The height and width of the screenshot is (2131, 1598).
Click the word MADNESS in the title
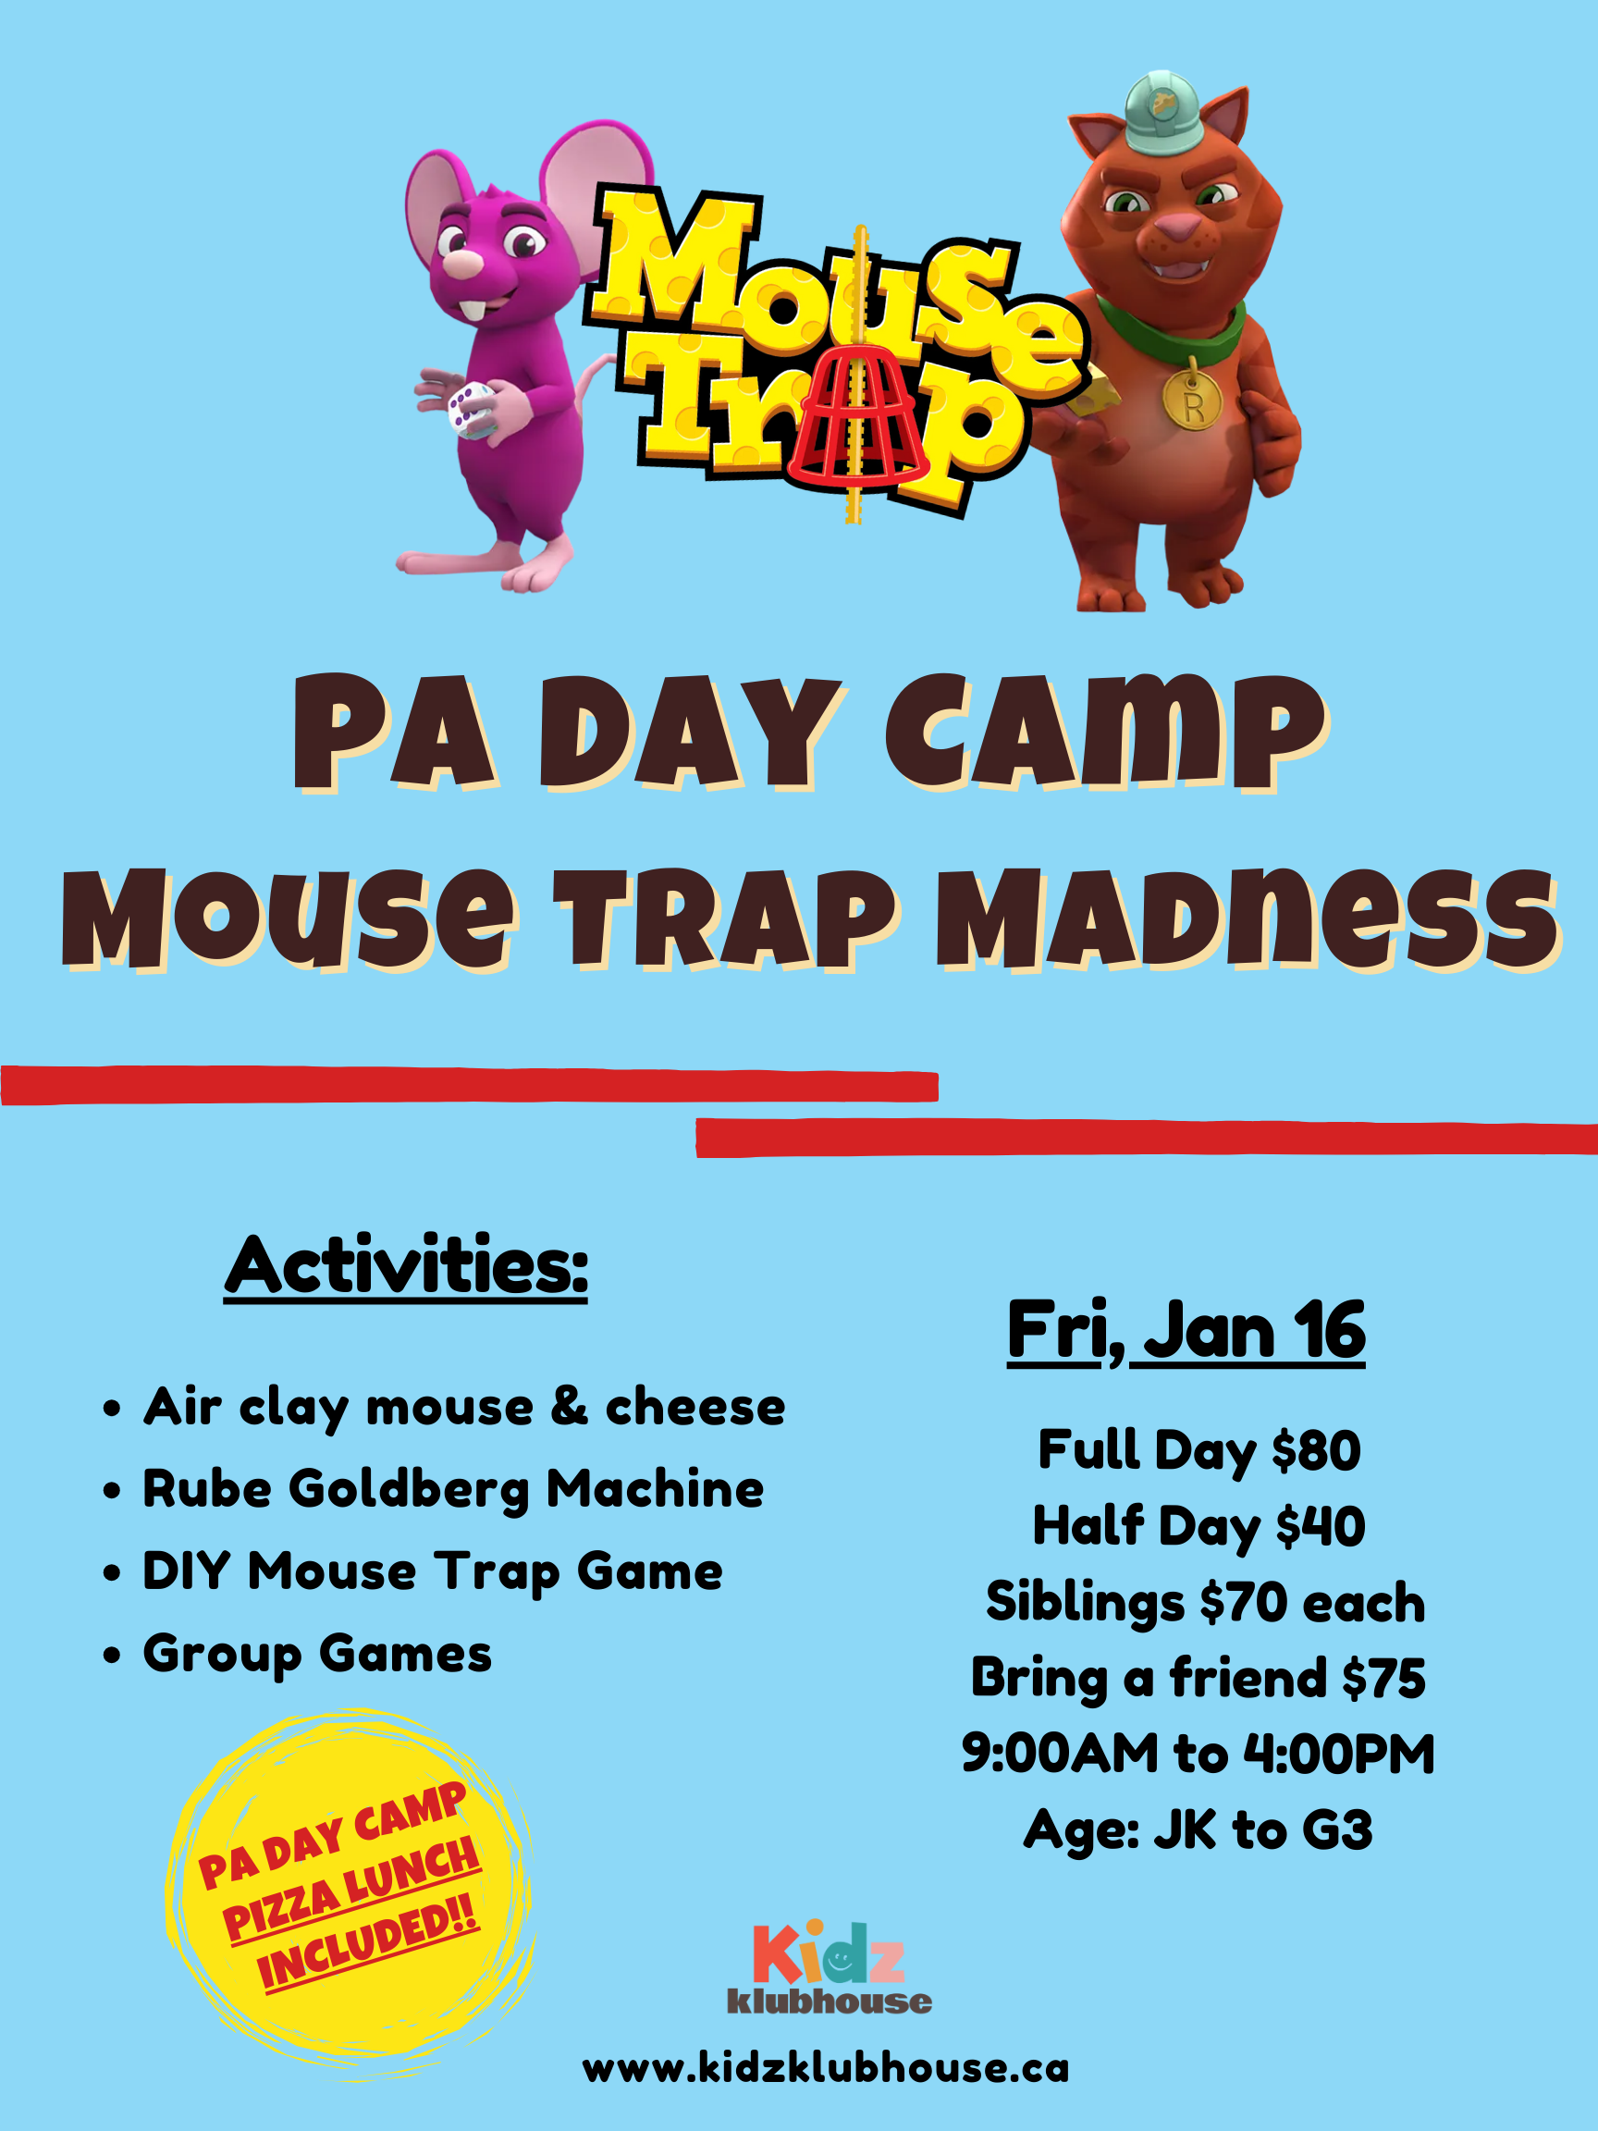tap(1248, 920)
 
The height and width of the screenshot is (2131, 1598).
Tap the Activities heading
tap(406, 1267)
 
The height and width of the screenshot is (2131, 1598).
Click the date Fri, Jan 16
tap(1186, 1331)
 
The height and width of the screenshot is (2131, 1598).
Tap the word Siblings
tap(1085, 1604)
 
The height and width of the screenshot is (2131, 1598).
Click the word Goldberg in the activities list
tap(410, 1489)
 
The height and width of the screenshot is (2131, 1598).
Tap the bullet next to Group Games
tap(113, 1655)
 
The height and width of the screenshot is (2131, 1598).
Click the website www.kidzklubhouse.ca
tap(826, 2068)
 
